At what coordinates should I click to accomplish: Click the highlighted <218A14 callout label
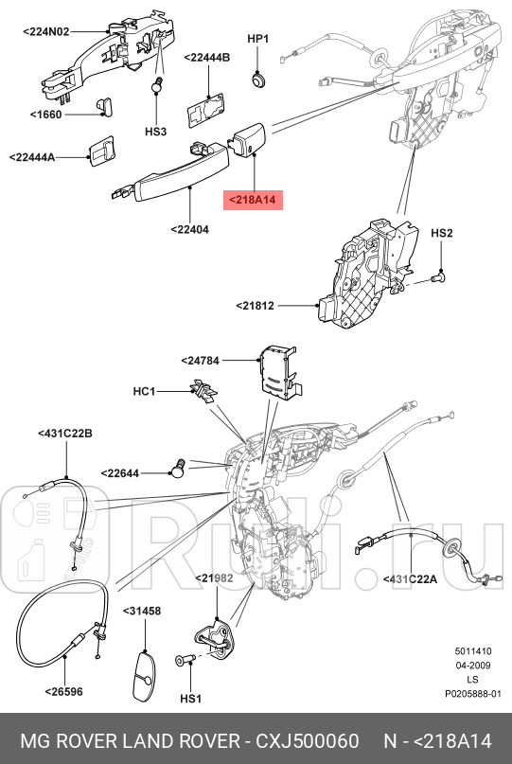252,201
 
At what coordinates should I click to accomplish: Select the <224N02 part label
45,30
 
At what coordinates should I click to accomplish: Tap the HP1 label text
258,39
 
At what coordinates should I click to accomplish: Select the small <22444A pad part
99,152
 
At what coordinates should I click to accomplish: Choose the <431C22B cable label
65,434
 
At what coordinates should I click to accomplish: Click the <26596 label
63,691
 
